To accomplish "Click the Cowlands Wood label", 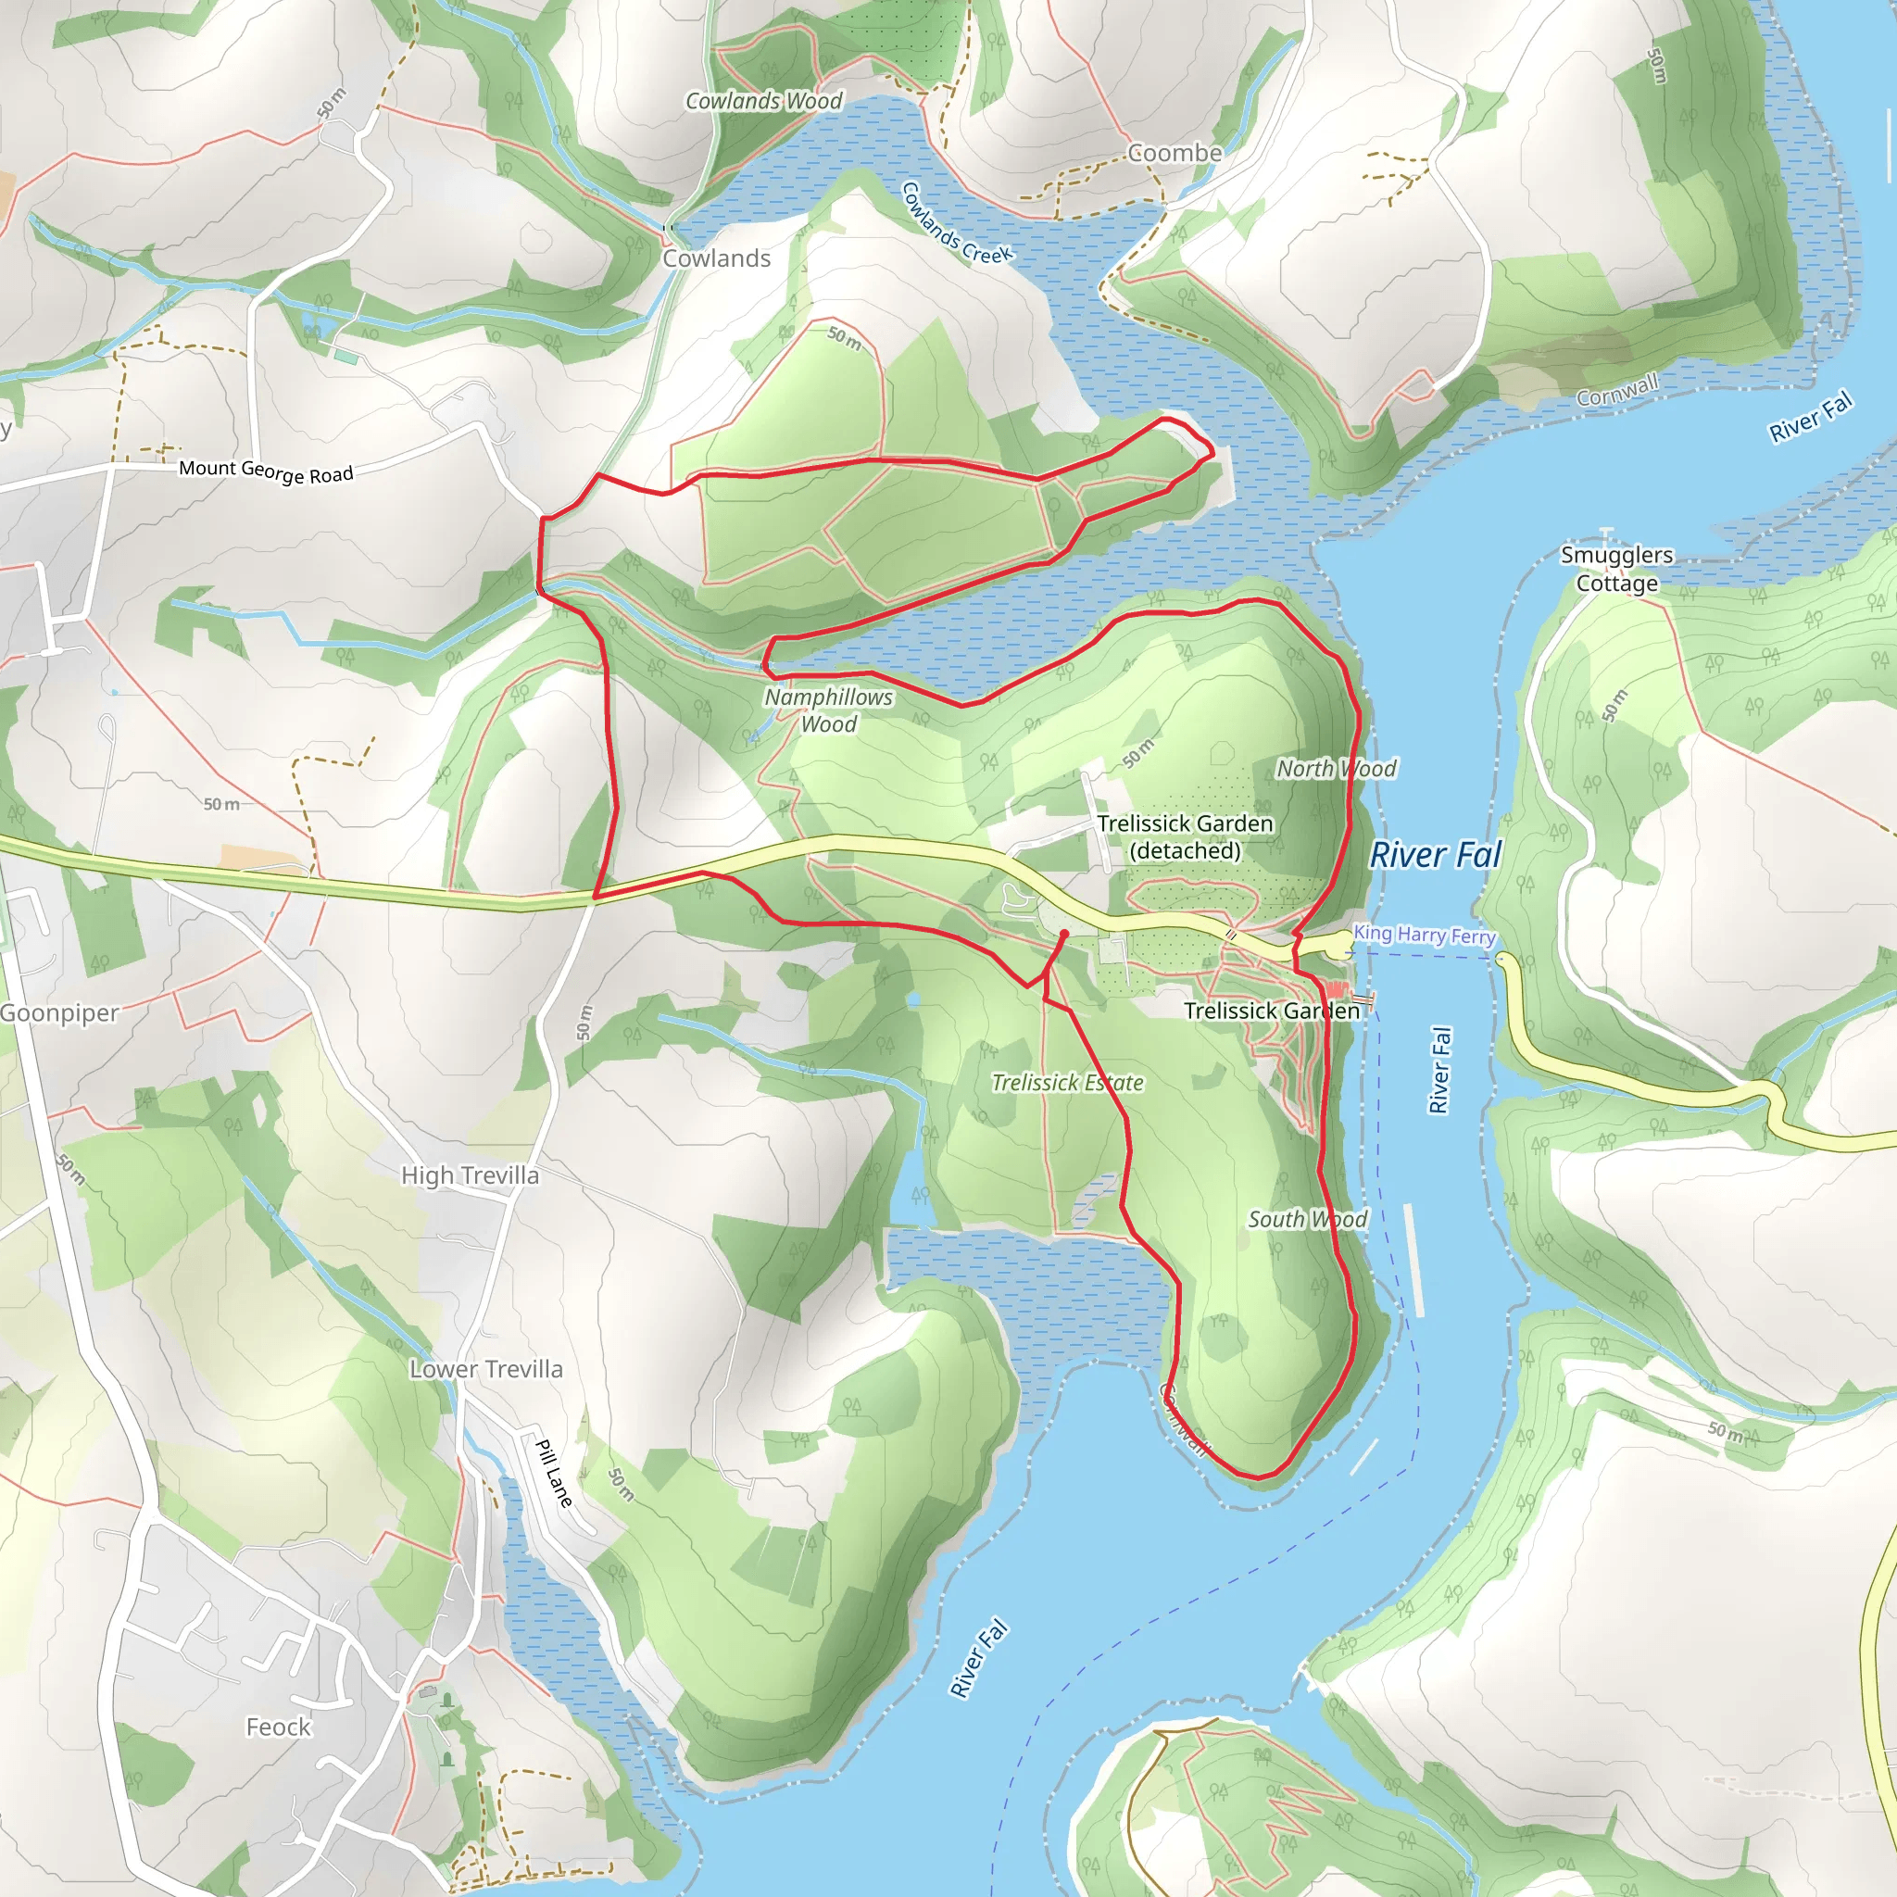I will (763, 101).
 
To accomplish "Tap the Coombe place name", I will (1175, 153).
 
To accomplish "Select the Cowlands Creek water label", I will (955, 224).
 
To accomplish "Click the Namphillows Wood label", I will (829, 710).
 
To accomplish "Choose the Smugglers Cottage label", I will (1616, 569).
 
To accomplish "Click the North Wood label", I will (1336, 769).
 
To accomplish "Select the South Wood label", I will (1307, 1220).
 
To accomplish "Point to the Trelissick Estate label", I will (1067, 1083).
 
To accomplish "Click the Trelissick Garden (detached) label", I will (1184, 836).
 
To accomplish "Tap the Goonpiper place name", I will (59, 1013).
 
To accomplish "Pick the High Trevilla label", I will (470, 1175).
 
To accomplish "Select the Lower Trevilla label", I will (486, 1369).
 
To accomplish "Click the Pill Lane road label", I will (554, 1473).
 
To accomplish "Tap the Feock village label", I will (278, 1727).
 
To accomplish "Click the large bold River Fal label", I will (1436, 855).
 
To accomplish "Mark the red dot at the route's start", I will (1063, 934).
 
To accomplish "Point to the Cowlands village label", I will (716, 258).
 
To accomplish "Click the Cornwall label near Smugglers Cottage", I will (1617, 390).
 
